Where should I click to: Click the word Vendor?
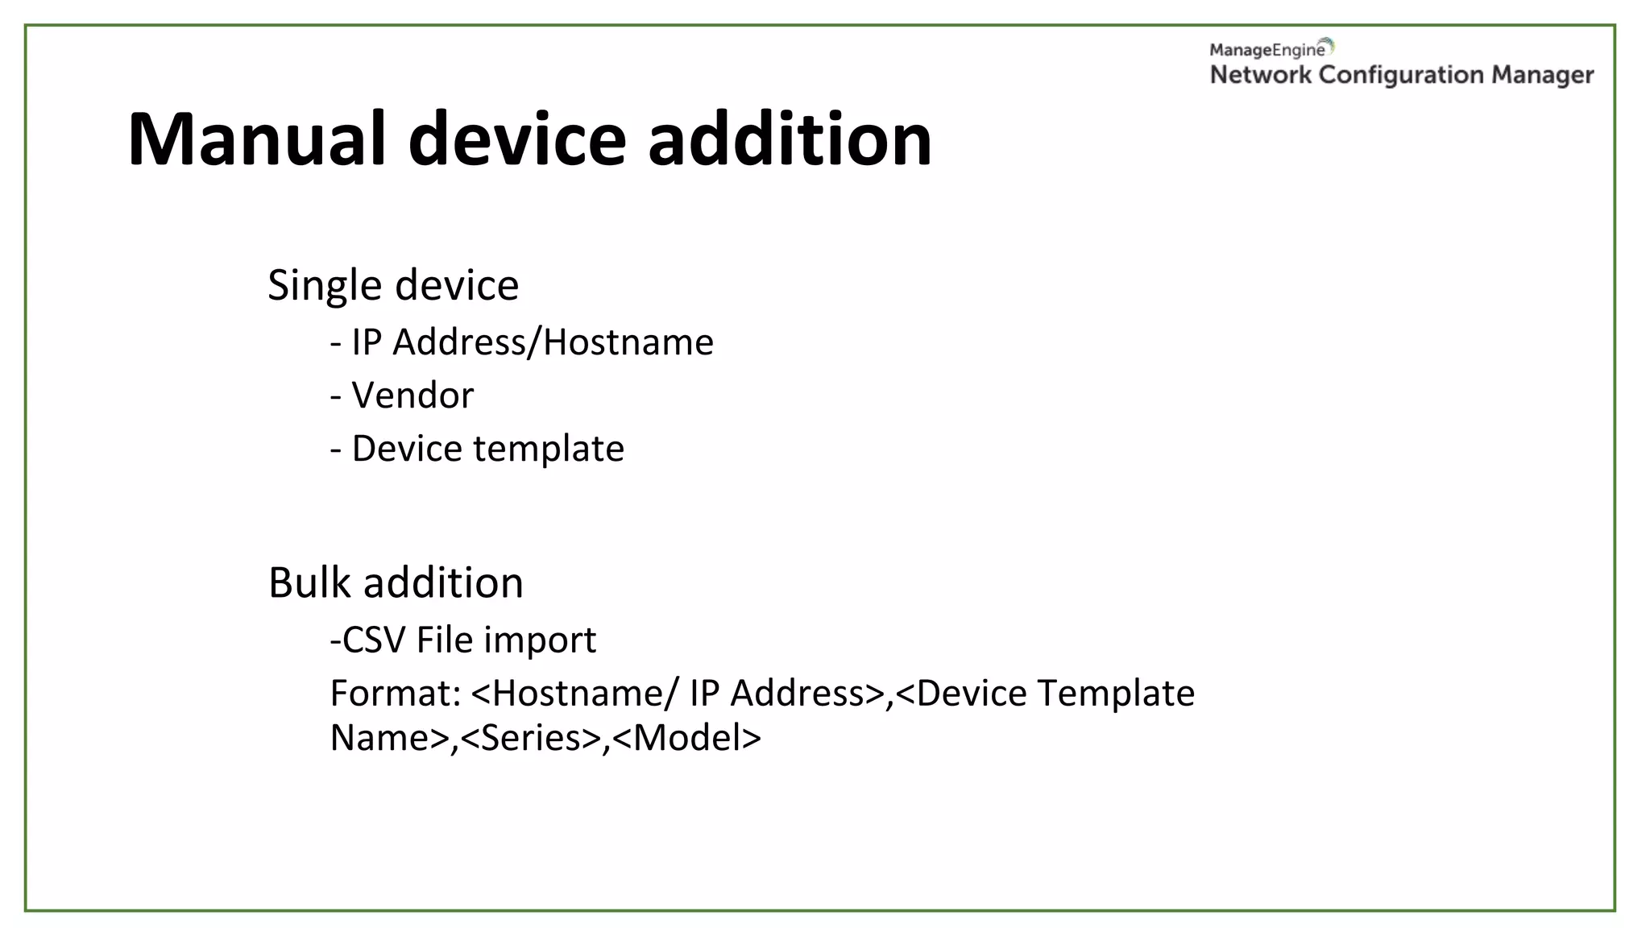tap(412, 396)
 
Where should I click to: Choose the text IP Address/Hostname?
tap(533, 342)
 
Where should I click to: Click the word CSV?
tap(373, 640)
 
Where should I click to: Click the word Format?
tap(395, 694)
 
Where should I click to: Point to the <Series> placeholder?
tap(530, 738)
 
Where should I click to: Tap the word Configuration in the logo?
tap(1401, 75)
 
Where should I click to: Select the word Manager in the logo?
tap(1542, 75)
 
